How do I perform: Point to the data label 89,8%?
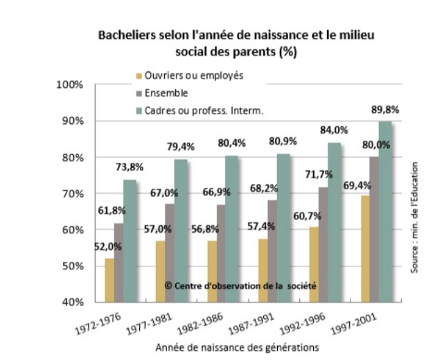[x=384, y=109]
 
